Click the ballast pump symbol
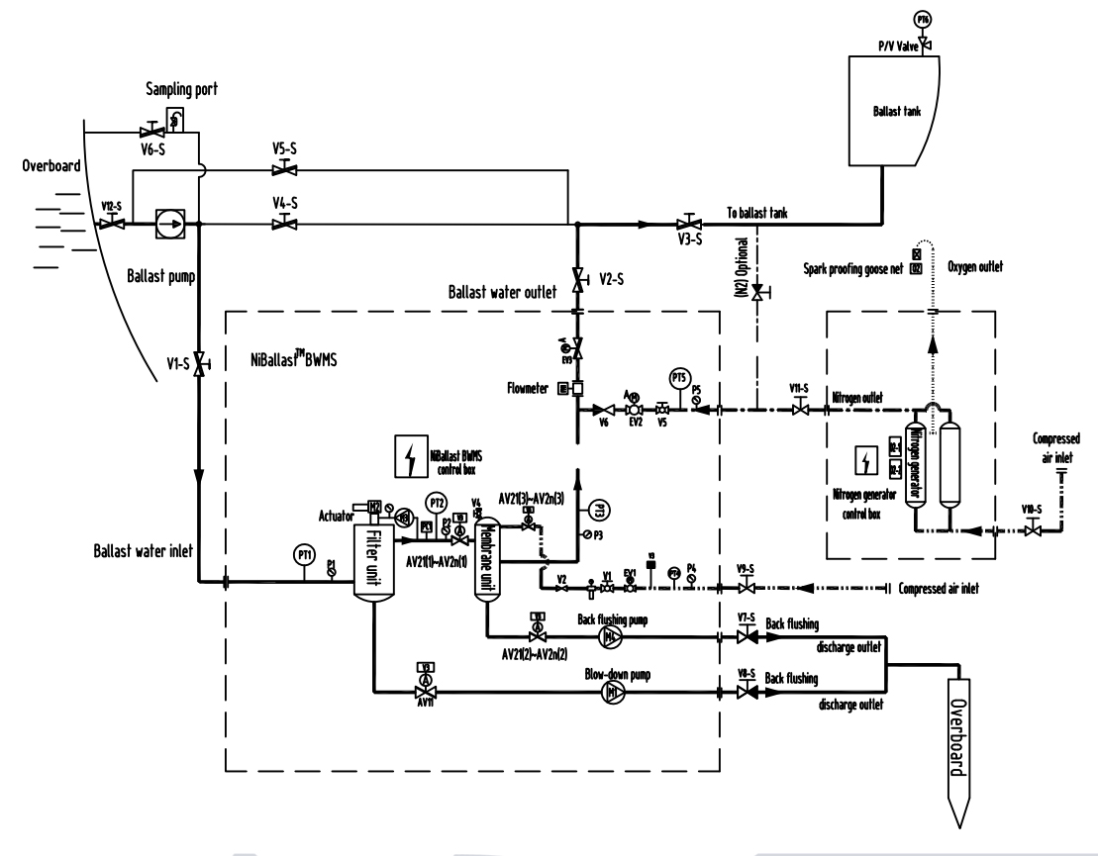pyautogui.click(x=170, y=225)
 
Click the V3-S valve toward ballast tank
pyautogui.click(x=684, y=225)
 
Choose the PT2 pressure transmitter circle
pyautogui.click(x=436, y=503)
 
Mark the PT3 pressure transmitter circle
pyautogui.click(x=596, y=510)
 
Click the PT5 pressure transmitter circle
pyautogui.click(x=679, y=380)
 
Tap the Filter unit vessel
pyautogui.click(x=373, y=559)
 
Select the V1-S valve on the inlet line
pyautogui.click(x=199, y=363)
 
